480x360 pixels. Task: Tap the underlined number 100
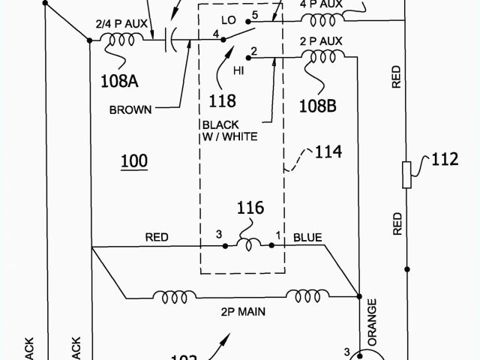tap(133, 161)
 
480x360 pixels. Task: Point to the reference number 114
tap(328, 153)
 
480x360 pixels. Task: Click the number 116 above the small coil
tap(250, 208)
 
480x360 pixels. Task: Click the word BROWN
tap(130, 109)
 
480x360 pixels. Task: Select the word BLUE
tap(307, 238)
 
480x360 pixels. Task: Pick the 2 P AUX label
tap(322, 39)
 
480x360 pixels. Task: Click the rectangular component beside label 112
tap(406, 174)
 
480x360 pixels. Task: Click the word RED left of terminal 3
tap(156, 237)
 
